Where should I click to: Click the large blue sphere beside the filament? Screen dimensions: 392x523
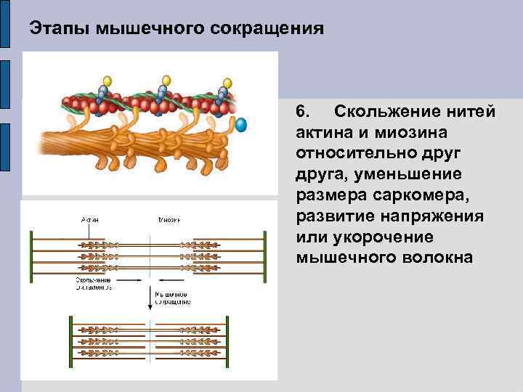click(x=241, y=125)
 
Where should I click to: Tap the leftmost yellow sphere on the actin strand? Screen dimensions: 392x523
click(x=108, y=80)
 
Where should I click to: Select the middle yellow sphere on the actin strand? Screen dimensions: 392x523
click(x=166, y=80)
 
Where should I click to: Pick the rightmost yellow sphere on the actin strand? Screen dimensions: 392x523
click(x=225, y=81)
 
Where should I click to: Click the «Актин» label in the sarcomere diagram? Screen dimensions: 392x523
click(x=89, y=219)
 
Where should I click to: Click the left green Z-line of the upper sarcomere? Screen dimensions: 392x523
click(x=31, y=253)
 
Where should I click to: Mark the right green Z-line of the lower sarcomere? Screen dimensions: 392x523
click(x=227, y=338)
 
